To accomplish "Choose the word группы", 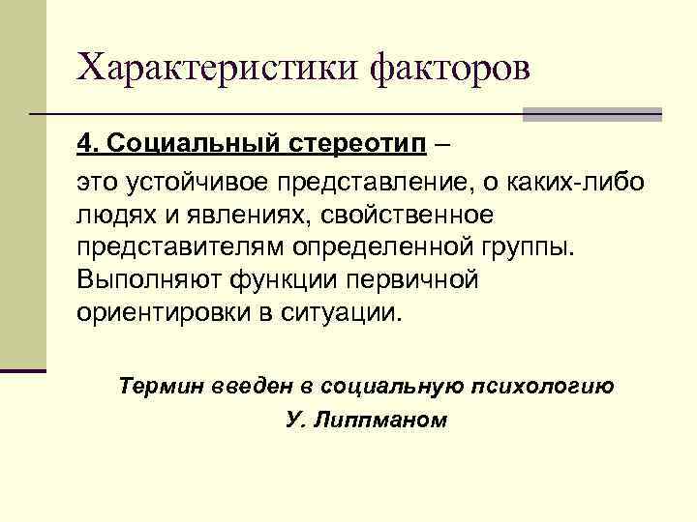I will (x=529, y=247).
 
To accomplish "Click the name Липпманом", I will (x=380, y=421).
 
